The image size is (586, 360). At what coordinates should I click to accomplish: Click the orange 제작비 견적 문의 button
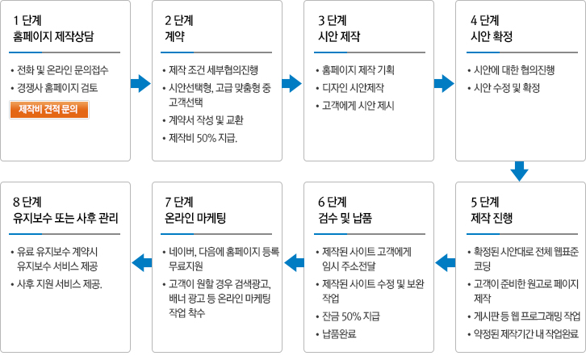[x=48, y=109]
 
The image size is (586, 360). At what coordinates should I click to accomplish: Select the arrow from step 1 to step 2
[x=140, y=82]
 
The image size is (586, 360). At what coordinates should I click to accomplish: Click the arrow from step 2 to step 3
[x=291, y=82]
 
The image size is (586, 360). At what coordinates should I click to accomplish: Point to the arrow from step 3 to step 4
[x=443, y=82]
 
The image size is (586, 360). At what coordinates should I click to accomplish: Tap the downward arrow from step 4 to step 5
[x=519, y=170]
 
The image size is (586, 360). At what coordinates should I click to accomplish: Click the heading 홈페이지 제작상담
[x=52, y=36]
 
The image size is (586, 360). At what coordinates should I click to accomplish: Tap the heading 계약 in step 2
[x=175, y=36]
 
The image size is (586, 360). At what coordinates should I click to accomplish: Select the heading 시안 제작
[x=339, y=36]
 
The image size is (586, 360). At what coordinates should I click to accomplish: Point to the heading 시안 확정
[x=491, y=36]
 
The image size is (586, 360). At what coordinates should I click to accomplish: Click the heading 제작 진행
[x=491, y=216]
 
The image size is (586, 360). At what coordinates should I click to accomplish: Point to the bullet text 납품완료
[x=339, y=333]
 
